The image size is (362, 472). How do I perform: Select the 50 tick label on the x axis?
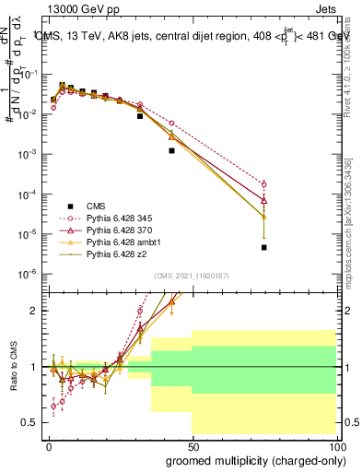tap(192, 446)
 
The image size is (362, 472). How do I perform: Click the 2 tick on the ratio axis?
tap(34, 311)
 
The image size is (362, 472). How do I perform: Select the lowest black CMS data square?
tap(263, 247)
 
